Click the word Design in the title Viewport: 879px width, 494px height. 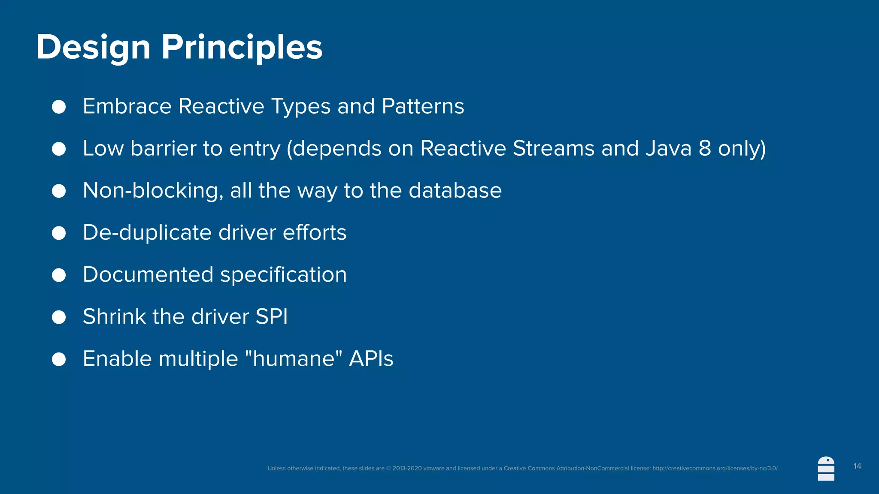[93, 47]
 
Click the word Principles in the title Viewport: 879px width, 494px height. [242, 47]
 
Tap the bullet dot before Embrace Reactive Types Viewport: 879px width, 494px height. [59, 107]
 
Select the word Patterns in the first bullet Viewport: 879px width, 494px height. [422, 106]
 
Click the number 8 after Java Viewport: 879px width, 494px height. [705, 148]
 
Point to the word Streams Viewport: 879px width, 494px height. [553, 148]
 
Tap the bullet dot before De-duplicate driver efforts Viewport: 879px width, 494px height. [59, 233]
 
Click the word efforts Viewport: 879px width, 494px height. [314, 232]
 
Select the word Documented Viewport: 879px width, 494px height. [148, 274]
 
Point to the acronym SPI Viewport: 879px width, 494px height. [271, 316]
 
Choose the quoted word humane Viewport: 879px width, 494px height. [294, 358]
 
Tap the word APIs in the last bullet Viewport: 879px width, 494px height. [371, 358]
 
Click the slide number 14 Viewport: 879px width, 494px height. [857, 466]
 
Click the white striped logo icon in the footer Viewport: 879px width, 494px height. [826, 469]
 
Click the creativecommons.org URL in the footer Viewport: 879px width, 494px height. [715, 468]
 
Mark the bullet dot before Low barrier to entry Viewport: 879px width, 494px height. [59, 149]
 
